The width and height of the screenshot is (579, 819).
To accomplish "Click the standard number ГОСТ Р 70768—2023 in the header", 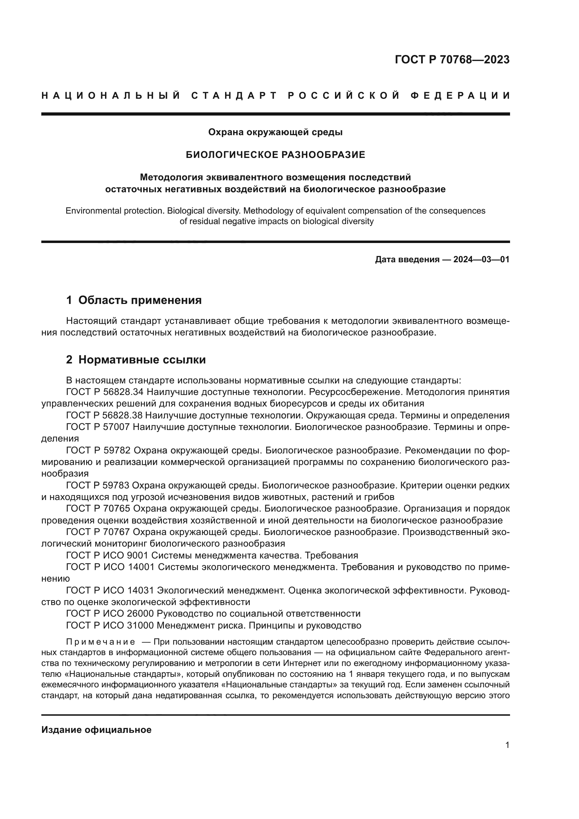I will click(x=452, y=60).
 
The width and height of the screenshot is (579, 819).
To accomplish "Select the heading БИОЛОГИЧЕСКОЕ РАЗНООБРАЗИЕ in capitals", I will click(x=275, y=155).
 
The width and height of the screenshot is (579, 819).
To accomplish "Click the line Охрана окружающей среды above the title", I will click(x=275, y=132).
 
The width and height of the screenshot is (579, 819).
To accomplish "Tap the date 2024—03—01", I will click(x=481, y=259).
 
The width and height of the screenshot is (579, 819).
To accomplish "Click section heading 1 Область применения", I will click(x=134, y=300).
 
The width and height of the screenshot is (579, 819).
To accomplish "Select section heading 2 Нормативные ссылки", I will click(x=136, y=360).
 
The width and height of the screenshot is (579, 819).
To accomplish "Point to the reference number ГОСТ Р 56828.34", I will click(x=105, y=392).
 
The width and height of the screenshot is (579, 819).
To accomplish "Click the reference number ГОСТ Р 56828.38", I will click(x=104, y=415).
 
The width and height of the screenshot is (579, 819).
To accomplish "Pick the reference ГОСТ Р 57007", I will click(x=98, y=427).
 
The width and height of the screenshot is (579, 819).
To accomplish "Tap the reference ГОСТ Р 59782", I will click(x=98, y=451).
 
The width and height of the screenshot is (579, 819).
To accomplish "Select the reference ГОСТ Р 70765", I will click(x=98, y=509).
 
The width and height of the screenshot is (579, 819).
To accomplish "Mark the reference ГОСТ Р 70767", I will click(x=98, y=532).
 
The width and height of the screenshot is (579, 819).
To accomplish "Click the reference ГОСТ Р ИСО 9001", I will click(x=107, y=555).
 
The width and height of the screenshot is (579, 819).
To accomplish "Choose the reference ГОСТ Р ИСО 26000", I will click(x=110, y=613).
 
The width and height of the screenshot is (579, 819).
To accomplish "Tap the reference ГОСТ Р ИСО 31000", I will click(x=110, y=625).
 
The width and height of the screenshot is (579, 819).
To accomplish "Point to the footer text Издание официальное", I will click(x=96, y=730).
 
